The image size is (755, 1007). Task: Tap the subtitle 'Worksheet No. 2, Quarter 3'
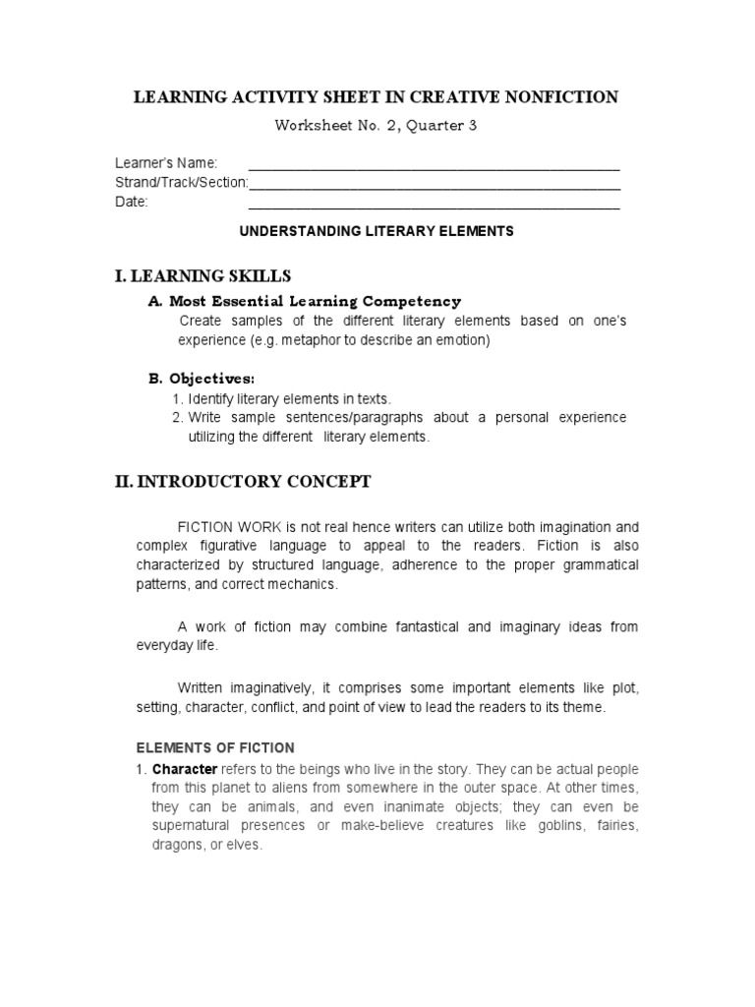pos(377,126)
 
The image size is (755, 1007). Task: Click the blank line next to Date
pos(434,207)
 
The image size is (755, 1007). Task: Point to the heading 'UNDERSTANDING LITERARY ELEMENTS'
pos(377,232)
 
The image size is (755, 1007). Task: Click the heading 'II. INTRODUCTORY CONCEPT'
pos(243,482)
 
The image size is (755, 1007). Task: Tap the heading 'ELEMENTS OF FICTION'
pos(215,748)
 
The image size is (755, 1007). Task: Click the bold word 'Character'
pos(185,768)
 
